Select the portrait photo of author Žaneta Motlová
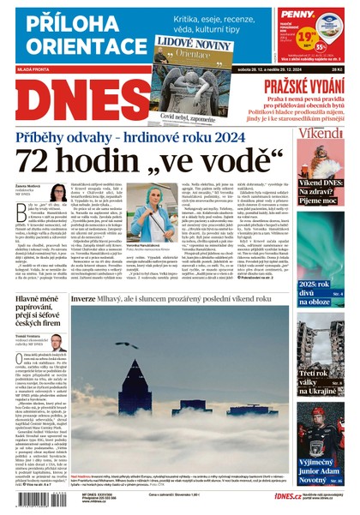tap(57, 193)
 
